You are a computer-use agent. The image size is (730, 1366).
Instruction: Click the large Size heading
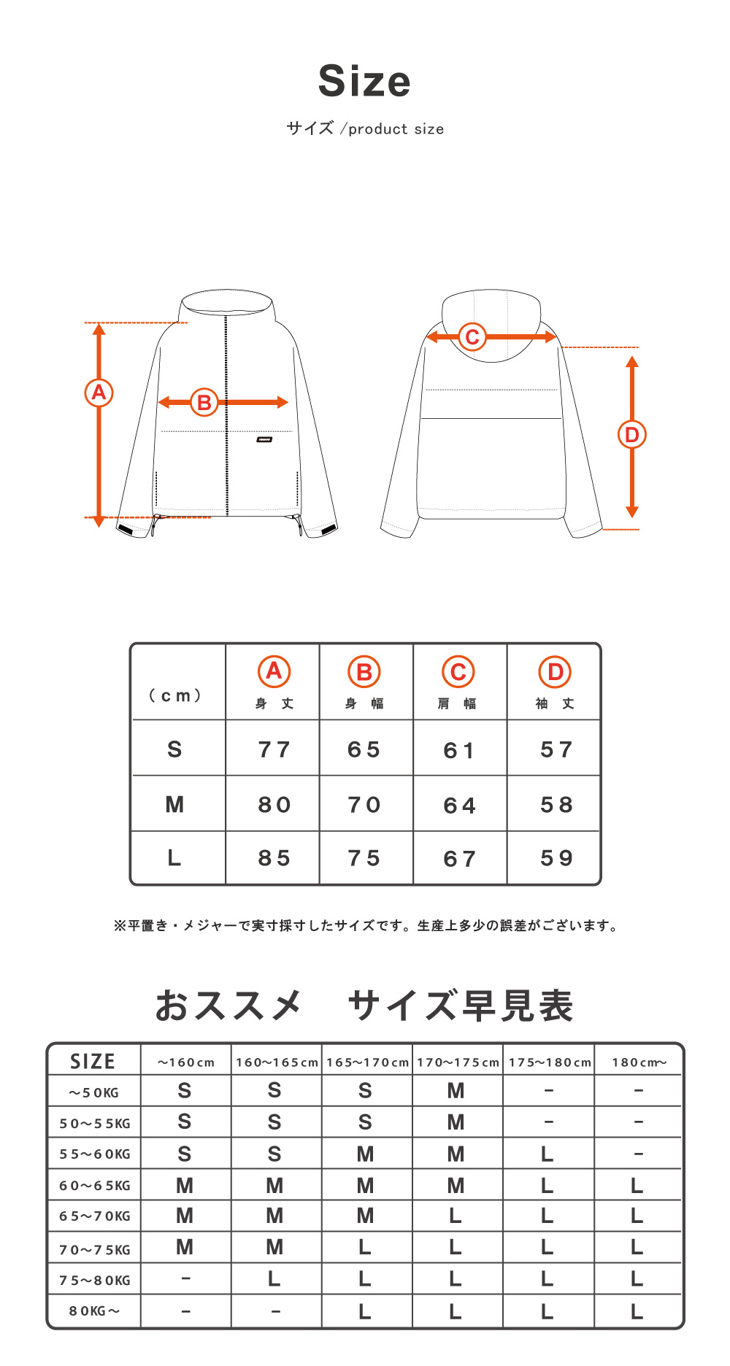click(364, 81)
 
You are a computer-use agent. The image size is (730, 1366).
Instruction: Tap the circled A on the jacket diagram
click(99, 393)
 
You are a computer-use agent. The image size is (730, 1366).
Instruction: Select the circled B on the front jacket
click(204, 402)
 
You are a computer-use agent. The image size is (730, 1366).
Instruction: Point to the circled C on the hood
click(472, 337)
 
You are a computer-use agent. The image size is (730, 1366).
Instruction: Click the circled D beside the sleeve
click(631, 435)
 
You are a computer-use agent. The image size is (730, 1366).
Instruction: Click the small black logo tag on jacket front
click(264, 439)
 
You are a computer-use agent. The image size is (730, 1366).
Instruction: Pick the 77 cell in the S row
click(274, 749)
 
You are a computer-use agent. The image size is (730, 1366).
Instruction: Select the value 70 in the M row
click(364, 805)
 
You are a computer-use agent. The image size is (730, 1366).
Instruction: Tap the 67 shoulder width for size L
click(459, 859)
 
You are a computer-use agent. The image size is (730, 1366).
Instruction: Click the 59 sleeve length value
click(556, 858)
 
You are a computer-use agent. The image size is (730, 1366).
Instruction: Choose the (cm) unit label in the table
click(175, 695)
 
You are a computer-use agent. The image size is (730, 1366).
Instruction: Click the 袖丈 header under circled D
click(555, 703)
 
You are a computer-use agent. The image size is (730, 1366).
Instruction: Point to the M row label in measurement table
click(174, 805)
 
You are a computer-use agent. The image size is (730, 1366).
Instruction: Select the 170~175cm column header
click(458, 1062)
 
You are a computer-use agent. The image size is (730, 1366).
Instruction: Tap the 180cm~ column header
click(639, 1062)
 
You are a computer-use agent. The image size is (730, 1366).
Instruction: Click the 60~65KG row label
click(95, 1186)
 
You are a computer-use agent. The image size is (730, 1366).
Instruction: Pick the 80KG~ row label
click(95, 1311)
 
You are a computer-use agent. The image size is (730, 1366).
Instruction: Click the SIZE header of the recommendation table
click(93, 1061)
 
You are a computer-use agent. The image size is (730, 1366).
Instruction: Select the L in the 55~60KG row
click(547, 1154)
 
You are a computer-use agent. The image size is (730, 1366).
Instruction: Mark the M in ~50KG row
click(456, 1091)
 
